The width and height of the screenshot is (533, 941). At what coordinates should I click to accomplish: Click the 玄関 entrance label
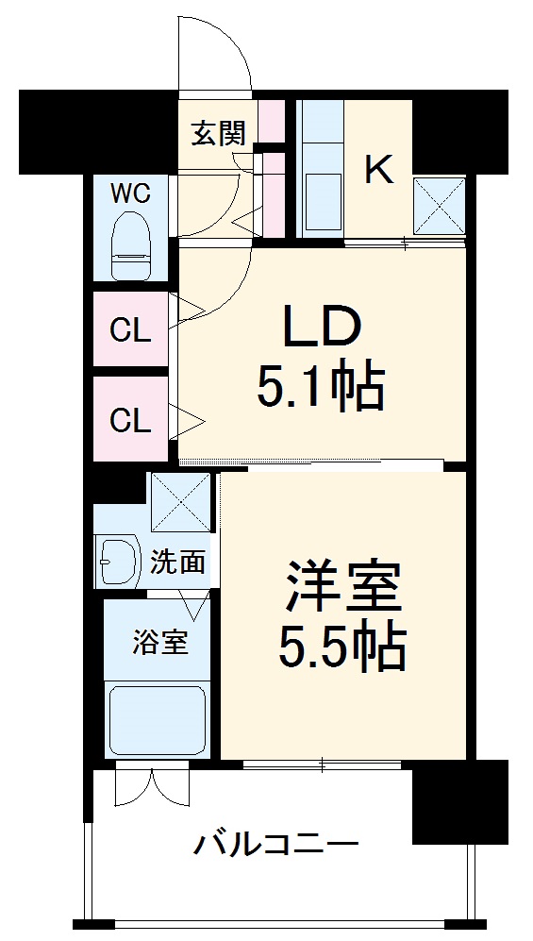point(219,134)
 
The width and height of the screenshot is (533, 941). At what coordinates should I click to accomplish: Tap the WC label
point(130,193)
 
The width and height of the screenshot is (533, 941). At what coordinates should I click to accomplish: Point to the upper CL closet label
point(130,331)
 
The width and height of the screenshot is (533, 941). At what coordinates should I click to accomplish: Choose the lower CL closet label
point(130,420)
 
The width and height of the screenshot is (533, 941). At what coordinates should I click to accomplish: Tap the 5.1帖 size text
point(321,386)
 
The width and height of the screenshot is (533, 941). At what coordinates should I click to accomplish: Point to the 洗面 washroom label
point(177,563)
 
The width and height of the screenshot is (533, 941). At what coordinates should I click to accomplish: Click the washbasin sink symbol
point(117,563)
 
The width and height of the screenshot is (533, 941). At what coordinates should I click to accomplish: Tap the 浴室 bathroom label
point(158,642)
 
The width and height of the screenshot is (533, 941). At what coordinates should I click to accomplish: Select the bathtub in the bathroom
point(157,719)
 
